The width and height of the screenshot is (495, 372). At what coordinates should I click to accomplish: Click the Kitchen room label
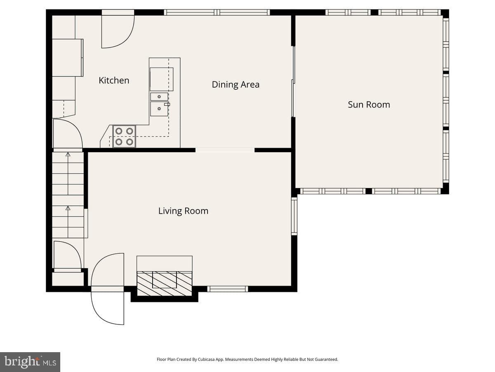pyautogui.click(x=114, y=81)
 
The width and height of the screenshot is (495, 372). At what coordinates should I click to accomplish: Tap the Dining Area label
pyautogui.click(x=236, y=85)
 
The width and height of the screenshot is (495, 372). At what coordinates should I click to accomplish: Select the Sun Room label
pyautogui.click(x=369, y=105)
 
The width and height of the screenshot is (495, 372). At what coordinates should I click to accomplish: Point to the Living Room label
pyautogui.click(x=183, y=211)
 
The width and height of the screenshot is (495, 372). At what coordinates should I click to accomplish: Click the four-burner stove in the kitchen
pyautogui.click(x=124, y=136)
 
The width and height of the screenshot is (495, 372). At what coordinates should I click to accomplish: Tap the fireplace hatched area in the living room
pyautogui.click(x=165, y=284)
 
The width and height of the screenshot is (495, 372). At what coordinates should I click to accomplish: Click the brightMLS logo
pyautogui.click(x=30, y=362)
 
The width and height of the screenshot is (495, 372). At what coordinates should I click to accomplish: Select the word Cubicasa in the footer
pyautogui.click(x=205, y=359)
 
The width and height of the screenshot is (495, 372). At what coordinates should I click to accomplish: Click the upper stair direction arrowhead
pyautogui.click(x=68, y=155)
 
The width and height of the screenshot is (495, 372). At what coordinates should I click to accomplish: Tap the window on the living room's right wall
pyautogui.click(x=294, y=216)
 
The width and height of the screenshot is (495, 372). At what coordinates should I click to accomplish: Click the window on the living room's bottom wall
pyautogui.click(x=228, y=289)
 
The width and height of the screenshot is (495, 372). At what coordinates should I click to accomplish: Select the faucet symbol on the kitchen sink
pyautogui.click(x=167, y=104)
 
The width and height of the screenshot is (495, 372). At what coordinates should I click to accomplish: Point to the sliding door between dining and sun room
pyautogui.click(x=293, y=81)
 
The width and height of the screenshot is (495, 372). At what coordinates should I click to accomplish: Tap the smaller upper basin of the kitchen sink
pyautogui.click(x=159, y=97)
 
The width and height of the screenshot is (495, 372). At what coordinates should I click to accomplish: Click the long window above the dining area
pyautogui.click(x=217, y=12)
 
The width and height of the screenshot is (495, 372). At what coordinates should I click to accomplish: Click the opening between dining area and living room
pyautogui.click(x=225, y=150)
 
